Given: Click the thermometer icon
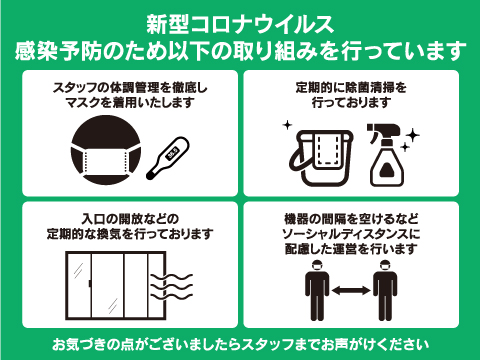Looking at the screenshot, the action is click(x=168, y=158).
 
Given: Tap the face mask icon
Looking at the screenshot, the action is click(x=106, y=150).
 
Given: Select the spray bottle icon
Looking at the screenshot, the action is click(x=386, y=155).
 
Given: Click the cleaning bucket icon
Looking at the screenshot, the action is click(x=321, y=158).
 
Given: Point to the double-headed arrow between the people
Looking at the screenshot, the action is click(x=351, y=290).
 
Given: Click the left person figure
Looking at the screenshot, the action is click(x=317, y=291).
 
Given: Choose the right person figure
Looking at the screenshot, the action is click(x=385, y=291).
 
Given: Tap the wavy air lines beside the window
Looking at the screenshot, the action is click(x=172, y=287).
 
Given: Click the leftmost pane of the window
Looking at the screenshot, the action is click(x=79, y=284).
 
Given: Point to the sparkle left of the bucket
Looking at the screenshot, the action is click(x=287, y=125).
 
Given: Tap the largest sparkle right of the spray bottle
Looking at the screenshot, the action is click(x=413, y=135).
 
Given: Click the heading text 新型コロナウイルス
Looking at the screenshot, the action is click(x=240, y=24).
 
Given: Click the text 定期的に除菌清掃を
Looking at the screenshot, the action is click(x=351, y=88).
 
